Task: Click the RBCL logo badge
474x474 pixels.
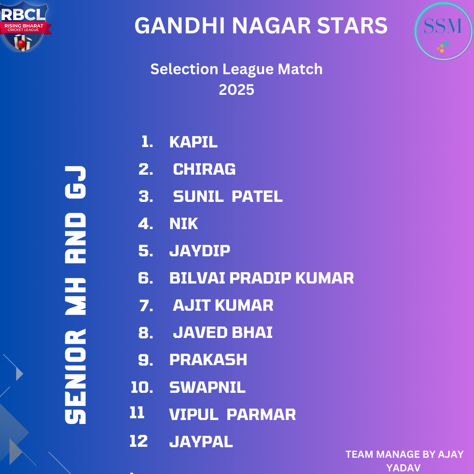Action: coord(24,27)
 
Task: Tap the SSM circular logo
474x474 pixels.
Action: coord(443,31)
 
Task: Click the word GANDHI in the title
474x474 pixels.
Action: coord(180,26)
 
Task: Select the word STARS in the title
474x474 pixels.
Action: coord(352,26)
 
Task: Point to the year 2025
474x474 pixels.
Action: coord(237,90)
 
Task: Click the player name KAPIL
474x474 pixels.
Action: coord(194,142)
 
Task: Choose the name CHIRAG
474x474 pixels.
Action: coord(205,169)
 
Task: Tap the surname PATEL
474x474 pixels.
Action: coord(257,197)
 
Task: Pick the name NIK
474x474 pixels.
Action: coord(184,224)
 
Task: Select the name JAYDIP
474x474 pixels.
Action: coord(200,251)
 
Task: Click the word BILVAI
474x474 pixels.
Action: coord(197,278)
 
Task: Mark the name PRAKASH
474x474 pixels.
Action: coord(208,360)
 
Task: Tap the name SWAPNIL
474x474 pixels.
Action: coord(207,387)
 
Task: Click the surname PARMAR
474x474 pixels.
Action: coord(261,414)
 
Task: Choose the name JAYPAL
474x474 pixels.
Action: coord(201,442)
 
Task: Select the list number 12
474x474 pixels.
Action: coord(138,441)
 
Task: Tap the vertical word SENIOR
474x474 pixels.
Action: coord(75,377)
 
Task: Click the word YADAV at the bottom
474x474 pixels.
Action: coord(404,468)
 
